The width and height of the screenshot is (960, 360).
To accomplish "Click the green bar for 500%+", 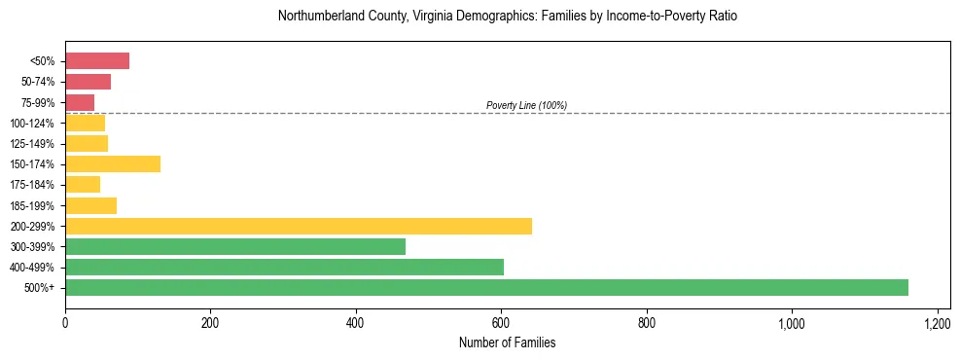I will click(x=486, y=287).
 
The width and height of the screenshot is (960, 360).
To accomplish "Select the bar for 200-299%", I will click(x=299, y=226).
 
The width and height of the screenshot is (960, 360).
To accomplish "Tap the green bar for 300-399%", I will click(x=235, y=246).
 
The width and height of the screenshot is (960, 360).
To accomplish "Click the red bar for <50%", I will click(x=97, y=61).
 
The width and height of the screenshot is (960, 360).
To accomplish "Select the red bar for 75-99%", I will click(x=80, y=102).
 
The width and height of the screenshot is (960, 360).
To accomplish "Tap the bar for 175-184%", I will click(x=83, y=184).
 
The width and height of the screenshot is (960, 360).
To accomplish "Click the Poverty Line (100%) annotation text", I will click(x=526, y=105).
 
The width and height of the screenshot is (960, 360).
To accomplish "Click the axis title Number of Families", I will click(x=507, y=342).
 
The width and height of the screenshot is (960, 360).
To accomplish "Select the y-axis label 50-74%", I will click(x=38, y=82).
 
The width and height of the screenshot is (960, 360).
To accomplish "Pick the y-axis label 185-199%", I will click(x=33, y=205).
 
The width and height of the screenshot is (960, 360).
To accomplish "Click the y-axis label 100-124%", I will click(x=33, y=123).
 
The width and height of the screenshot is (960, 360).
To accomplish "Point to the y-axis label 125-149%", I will click(x=33, y=143).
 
